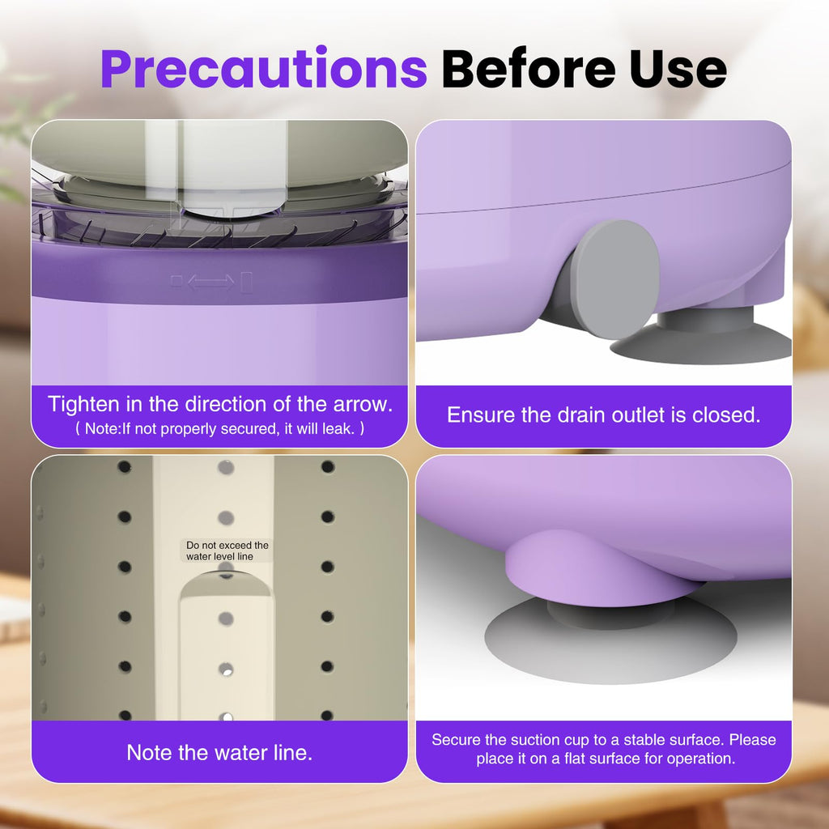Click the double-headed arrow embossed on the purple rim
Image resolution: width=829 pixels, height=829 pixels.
point(211,282)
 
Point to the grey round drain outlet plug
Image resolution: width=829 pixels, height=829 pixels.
point(616,279)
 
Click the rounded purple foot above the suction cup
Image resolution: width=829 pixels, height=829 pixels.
point(597,568)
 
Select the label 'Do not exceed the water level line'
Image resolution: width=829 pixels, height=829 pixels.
point(227,551)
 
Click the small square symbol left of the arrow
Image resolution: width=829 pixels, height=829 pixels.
point(176,280)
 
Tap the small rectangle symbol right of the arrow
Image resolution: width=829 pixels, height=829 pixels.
point(246,282)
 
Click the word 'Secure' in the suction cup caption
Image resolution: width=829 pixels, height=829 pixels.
point(456,740)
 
